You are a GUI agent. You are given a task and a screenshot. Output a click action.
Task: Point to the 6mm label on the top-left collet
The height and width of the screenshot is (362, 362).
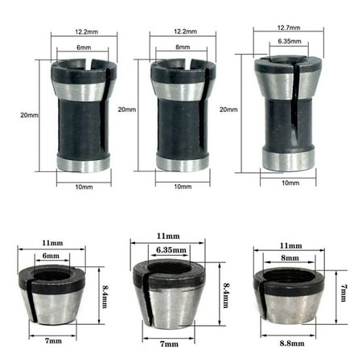[x=83, y=47]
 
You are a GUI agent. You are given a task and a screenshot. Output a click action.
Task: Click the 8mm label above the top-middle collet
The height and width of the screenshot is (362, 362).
[x=181, y=47]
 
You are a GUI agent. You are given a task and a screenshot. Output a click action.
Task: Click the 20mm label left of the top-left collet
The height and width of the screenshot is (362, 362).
[x=28, y=115]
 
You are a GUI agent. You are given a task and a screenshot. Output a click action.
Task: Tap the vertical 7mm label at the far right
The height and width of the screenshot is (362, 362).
[x=343, y=287]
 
